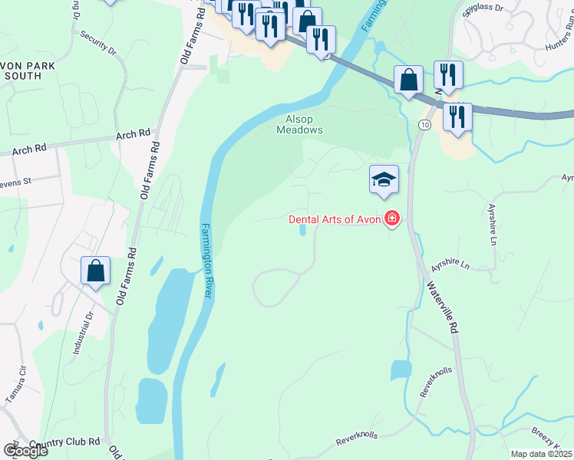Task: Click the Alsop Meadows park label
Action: coord(299,124)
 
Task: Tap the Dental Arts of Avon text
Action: coord(335,219)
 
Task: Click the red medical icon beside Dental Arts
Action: coord(392,219)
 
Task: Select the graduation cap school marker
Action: coord(384,179)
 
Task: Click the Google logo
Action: coord(25,451)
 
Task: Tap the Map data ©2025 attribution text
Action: coord(542,454)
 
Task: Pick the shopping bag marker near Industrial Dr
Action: coord(95,271)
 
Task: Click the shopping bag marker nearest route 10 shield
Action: coord(408,80)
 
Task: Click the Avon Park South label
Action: coord(28,71)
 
